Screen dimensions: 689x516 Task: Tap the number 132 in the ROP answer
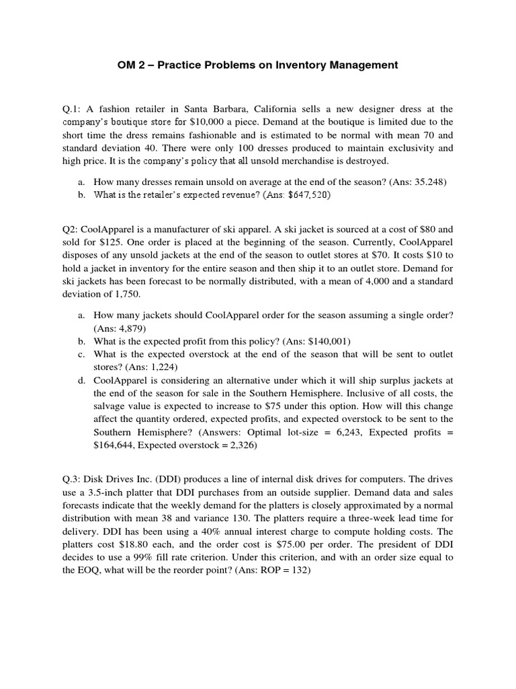[298, 571]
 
